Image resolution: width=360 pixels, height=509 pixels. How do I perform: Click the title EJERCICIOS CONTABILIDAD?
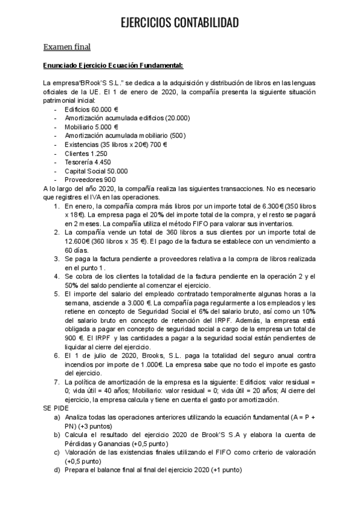179,23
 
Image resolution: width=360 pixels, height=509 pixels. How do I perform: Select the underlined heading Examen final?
67,46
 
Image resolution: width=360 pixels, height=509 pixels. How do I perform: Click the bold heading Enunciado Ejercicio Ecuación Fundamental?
113,65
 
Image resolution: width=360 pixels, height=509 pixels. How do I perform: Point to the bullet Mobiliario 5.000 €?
91,127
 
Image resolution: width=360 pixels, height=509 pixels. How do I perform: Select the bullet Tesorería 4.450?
85,161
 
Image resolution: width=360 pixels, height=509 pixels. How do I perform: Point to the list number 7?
56,382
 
